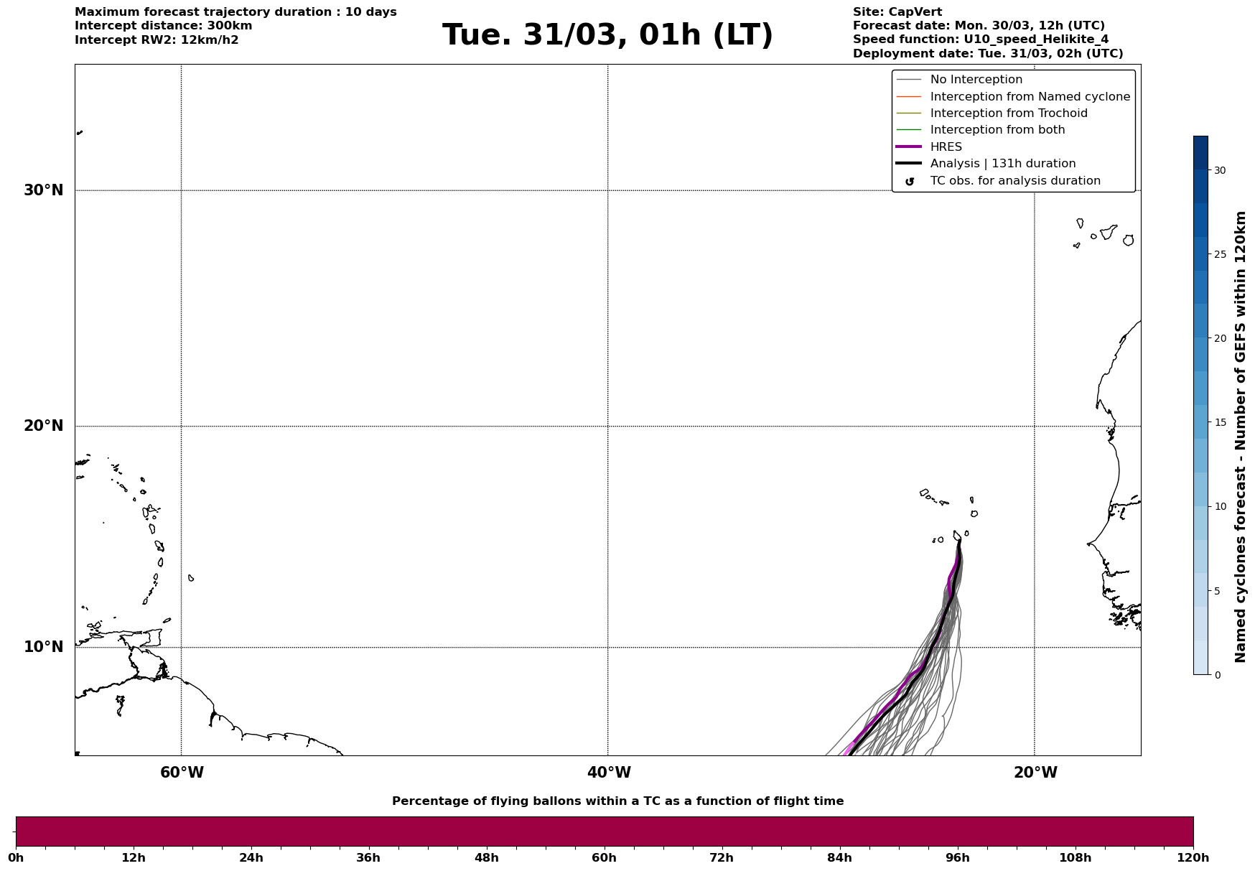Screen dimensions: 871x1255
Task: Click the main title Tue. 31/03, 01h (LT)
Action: (x=607, y=35)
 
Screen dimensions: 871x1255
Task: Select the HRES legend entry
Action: (x=946, y=147)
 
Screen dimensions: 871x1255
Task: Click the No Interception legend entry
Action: (x=976, y=80)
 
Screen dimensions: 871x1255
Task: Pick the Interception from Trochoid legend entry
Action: (x=1008, y=113)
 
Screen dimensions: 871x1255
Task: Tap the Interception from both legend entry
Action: (x=997, y=130)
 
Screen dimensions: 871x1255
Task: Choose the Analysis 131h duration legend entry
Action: (x=1002, y=164)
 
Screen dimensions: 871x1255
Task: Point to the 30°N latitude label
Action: (x=44, y=190)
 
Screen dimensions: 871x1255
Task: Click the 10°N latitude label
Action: (x=44, y=647)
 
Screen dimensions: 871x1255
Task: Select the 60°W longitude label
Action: (x=182, y=773)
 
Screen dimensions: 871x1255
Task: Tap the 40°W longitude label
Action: (x=609, y=773)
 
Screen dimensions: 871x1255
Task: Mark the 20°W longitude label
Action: (x=1035, y=773)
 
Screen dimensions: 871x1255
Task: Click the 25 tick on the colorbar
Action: (x=1220, y=254)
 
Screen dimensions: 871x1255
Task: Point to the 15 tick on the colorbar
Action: (x=1220, y=422)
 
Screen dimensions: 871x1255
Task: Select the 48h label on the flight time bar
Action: (x=486, y=857)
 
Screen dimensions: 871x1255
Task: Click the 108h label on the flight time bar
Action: (x=1075, y=857)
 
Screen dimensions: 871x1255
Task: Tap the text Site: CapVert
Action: (x=897, y=12)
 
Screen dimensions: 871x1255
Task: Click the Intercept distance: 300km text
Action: (x=163, y=26)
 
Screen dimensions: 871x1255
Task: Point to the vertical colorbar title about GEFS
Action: (x=1240, y=437)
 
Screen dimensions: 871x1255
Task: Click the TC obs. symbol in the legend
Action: (x=910, y=182)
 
